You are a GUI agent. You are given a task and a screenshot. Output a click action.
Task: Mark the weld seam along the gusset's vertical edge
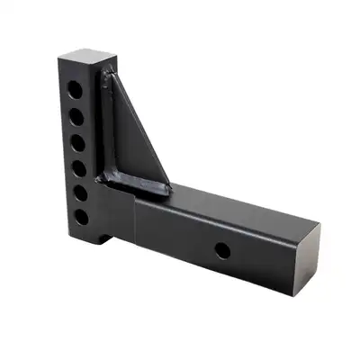coord(111,126)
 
